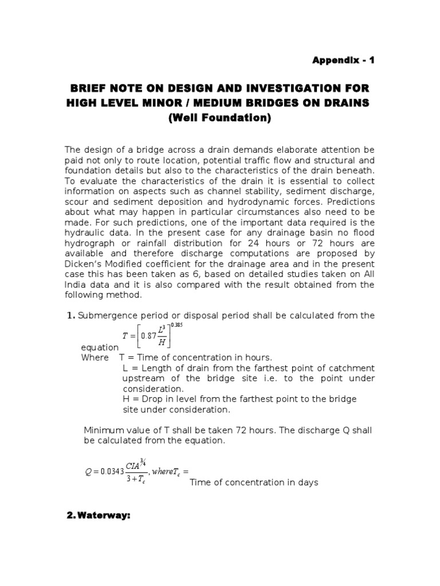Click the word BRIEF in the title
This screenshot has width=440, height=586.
(x=88, y=89)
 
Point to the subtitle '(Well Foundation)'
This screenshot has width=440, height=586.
(x=219, y=118)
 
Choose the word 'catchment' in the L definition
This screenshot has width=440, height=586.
(x=351, y=368)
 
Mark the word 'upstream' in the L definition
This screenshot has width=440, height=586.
(x=143, y=378)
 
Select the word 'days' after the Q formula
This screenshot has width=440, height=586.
(x=307, y=482)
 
